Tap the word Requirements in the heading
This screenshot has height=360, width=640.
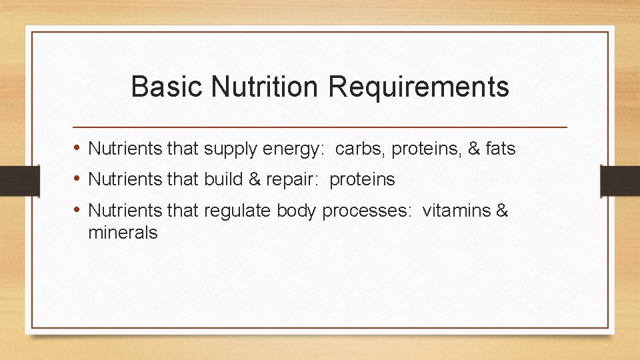tap(419, 87)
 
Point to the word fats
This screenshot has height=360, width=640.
tap(500, 149)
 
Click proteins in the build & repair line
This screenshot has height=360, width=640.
tap(362, 180)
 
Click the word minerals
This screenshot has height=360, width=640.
tap(123, 233)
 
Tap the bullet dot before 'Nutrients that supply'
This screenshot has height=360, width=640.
tap(78, 149)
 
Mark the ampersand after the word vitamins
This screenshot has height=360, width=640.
tap(502, 211)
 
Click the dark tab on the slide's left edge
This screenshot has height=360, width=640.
tap(11, 181)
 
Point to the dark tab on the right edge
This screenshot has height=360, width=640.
tap(619, 181)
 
